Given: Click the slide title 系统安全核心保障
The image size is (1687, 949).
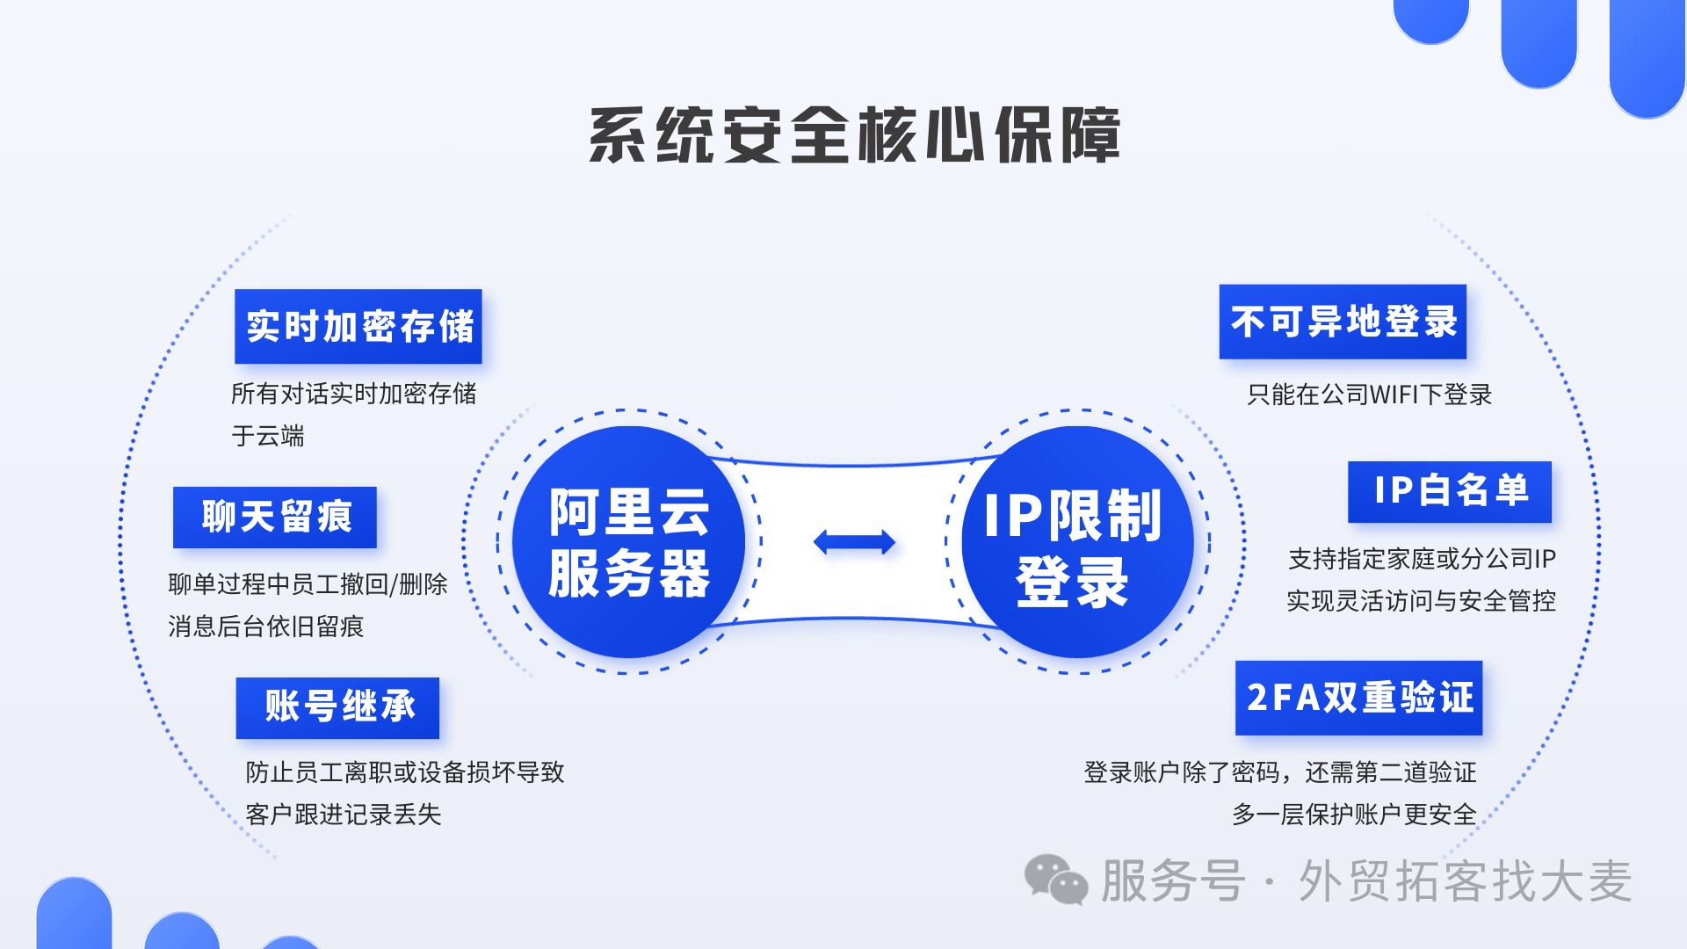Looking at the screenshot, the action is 854,135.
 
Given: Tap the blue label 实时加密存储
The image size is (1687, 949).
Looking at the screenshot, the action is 358,326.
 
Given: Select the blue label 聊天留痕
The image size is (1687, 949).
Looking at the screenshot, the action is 275,517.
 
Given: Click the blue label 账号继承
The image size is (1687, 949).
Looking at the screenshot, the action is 337,707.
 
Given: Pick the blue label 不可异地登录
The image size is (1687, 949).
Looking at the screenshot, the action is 1343,322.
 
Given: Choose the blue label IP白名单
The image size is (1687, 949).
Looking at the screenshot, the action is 1450,491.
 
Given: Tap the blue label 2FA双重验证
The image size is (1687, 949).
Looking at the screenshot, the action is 1358,698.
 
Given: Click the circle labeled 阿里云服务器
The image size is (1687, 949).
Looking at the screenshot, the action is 629,542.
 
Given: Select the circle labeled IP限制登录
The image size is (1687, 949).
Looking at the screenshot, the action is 1077,542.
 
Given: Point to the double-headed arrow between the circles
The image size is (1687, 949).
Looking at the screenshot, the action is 854,542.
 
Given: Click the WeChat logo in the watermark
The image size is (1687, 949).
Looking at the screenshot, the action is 1056,880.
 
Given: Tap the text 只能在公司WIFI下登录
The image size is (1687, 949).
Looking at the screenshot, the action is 1369,395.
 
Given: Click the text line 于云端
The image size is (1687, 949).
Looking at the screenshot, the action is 268,436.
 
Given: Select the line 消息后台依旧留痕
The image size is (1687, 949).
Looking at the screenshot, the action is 265,627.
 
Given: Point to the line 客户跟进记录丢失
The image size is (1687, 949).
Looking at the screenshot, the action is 344,815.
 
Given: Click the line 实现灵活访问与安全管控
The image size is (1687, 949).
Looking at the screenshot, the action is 1421,601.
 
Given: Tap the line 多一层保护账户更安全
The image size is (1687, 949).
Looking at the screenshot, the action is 1354,815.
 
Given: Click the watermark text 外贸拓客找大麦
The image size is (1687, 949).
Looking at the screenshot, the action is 1465,880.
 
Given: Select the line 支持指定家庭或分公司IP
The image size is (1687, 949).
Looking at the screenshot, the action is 1422,559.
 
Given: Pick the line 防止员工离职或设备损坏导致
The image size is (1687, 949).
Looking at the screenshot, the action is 405,772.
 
